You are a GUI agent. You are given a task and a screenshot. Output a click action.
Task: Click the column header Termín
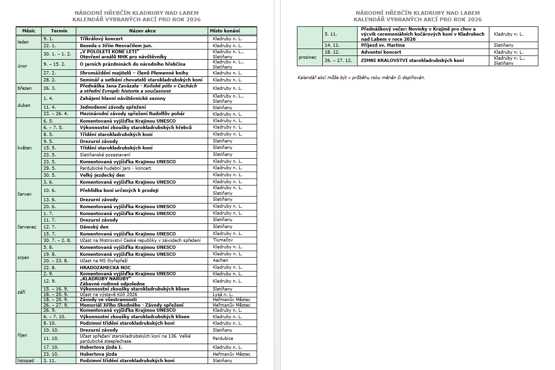pyautogui.click(x=59, y=31)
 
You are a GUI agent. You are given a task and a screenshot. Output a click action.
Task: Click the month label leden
pyautogui.click(x=23, y=42)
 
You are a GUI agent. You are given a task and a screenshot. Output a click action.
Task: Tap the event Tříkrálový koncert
pyautogui.click(x=101, y=39)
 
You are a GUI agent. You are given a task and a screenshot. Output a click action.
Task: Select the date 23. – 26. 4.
pyautogui.click(x=56, y=114)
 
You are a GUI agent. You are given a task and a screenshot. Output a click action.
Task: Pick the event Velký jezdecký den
pyautogui.click(x=102, y=175)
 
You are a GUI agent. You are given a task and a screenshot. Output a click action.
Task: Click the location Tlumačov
pyautogui.click(x=223, y=240)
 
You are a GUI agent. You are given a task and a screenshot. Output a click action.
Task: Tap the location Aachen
pyautogui.click(x=221, y=260)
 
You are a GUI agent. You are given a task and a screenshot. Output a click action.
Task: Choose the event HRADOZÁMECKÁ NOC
pyautogui.click(x=105, y=267)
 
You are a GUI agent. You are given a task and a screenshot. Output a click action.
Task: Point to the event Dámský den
pyautogui.click(x=94, y=227)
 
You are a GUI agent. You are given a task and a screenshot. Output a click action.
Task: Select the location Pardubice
pyautogui.click(x=223, y=339)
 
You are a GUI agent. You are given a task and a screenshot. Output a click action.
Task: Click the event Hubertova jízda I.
pyautogui.click(x=101, y=347)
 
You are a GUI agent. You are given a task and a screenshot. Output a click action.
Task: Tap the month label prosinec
pyautogui.click(x=307, y=57)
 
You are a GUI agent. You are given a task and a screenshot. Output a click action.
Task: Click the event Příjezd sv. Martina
pyautogui.click(x=383, y=45)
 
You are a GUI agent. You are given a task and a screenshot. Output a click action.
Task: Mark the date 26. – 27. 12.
pyautogui.click(x=339, y=60)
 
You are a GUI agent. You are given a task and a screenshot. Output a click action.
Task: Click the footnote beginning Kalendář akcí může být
pyautogui.click(x=361, y=77)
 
